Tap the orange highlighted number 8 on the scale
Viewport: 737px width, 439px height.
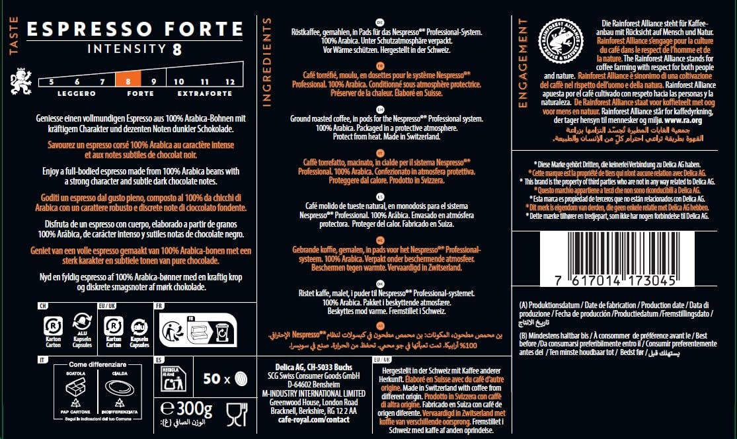coord(128,81)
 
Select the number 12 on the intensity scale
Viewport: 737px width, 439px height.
coord(229,81)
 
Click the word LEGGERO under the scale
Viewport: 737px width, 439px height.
coord(76,93)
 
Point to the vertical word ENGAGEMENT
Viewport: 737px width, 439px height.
coord(523,63)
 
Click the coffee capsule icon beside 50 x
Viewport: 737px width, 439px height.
coord(240,379)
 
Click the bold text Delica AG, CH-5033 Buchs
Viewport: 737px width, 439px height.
coord(313,368)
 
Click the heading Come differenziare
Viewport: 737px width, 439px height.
coord(93,364)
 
